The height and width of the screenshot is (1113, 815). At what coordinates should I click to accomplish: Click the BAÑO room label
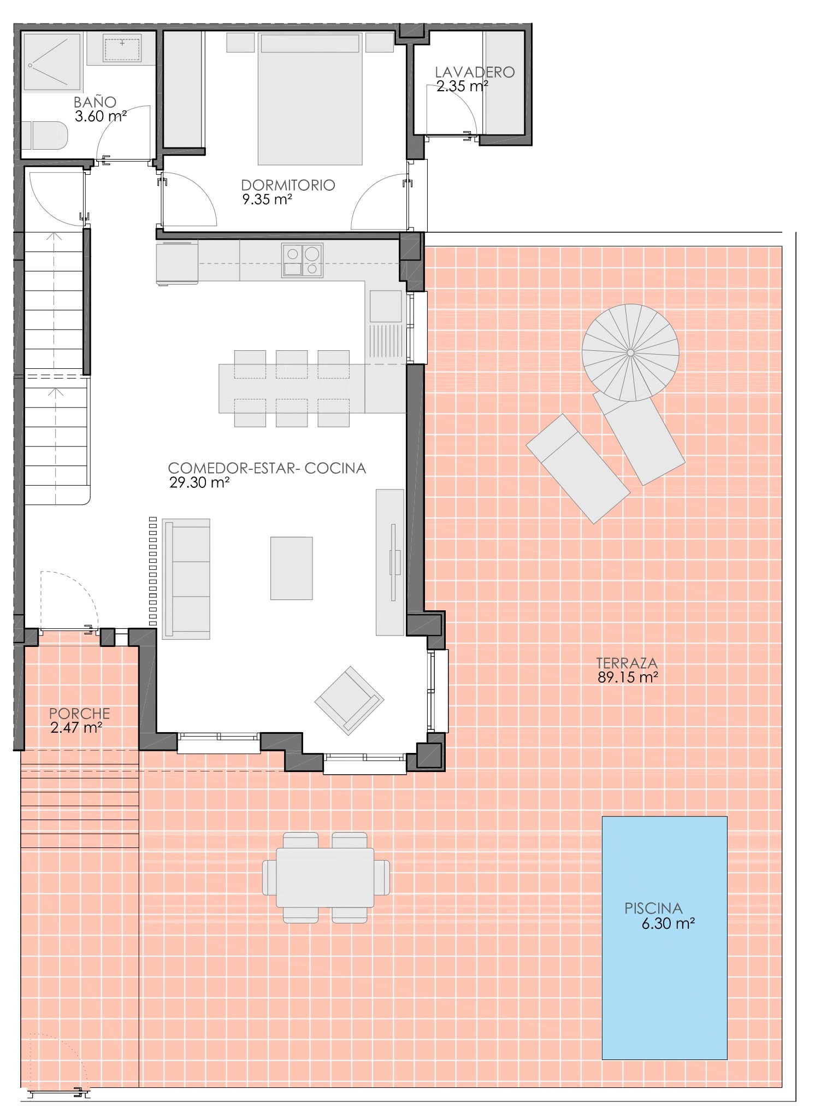[x=95, y=102]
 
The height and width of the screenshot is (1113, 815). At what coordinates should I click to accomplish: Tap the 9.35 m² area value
[x=267, y=199]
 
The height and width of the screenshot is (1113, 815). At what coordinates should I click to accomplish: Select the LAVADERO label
[x=475, y=72]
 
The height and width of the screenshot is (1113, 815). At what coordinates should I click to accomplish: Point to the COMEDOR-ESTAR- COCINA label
[x=267, y=468]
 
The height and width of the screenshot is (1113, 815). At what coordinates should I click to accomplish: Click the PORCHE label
[x=80, y=714]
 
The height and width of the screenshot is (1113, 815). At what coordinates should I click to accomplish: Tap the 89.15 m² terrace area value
[x=628, y=678]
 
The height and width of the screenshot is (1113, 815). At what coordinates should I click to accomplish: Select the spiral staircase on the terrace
[x=630, y=352]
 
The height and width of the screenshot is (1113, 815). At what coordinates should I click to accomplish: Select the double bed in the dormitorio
[x=310, y=98]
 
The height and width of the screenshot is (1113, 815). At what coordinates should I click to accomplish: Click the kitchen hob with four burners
[x=302, y=260]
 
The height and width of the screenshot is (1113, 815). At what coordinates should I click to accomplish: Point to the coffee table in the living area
[x=292, y=568]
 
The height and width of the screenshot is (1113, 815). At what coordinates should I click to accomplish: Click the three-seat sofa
[x=186, y=579]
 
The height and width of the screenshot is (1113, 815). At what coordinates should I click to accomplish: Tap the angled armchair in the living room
[x=349, y=700]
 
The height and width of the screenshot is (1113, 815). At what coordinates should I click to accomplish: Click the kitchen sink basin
[x=386, y=307]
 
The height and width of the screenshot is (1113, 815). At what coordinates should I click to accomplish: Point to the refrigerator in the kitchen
[x=177, y=263]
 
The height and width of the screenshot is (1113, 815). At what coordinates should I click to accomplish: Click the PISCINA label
[x=653, y=908]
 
